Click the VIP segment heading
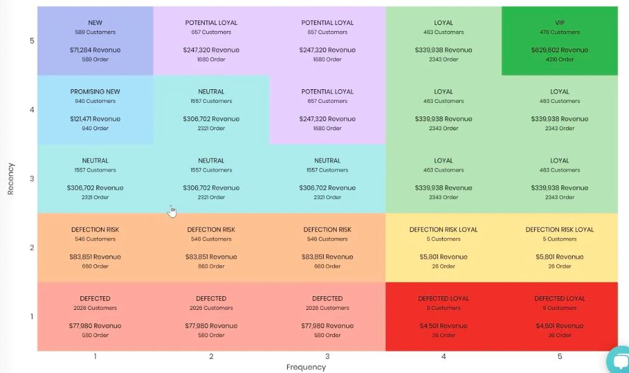[x=560, y=23]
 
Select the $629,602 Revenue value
[x=560, y=50]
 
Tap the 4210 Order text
[x=560, y=60]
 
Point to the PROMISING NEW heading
[x=95, y=92]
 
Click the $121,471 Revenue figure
[x=95, y=119]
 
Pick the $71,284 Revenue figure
[x=95, y=50]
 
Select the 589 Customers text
[x=95, y=32]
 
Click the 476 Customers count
[x=560, y=32]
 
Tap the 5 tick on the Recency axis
[x=32, y=41]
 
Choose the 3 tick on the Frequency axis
[x=328, y=356]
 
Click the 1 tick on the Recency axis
[x=32, y=317]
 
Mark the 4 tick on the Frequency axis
[x=443, y=356]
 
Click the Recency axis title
[x=11, y=179]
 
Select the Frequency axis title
[x=306, y=367]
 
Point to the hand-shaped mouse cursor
[x=171, y=212]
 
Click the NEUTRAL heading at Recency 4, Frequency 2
[x=211, y=92]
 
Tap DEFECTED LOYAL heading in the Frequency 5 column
[x=560, y=299]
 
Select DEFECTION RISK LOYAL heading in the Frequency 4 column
[x=443, y=230]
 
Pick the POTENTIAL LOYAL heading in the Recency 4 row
[x=328, y=92]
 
